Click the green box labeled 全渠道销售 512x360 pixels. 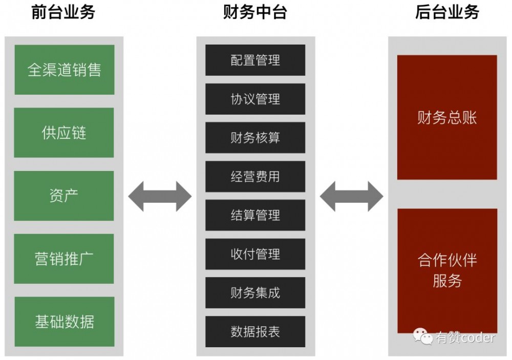click(64, 70)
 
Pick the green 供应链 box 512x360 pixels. click(64, 133)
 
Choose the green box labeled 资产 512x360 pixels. click(64, 196)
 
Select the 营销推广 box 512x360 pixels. click(64, 259)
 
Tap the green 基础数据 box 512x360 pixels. click(64, 322)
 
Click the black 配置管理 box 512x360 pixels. click(255, 60)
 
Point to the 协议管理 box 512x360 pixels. click(255, 99)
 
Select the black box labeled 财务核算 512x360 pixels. click(255, 138)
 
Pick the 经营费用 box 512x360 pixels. click(255, 177)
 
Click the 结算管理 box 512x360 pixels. click(255, 215)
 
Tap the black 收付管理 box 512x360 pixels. click(255, 254)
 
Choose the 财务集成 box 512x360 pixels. click(255, 293)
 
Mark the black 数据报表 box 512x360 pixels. click(255, 331)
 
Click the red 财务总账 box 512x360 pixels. click(447, 118)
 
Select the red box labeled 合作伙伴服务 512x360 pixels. click(447, 270)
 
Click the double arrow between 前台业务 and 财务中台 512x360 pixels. click(159, 196)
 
